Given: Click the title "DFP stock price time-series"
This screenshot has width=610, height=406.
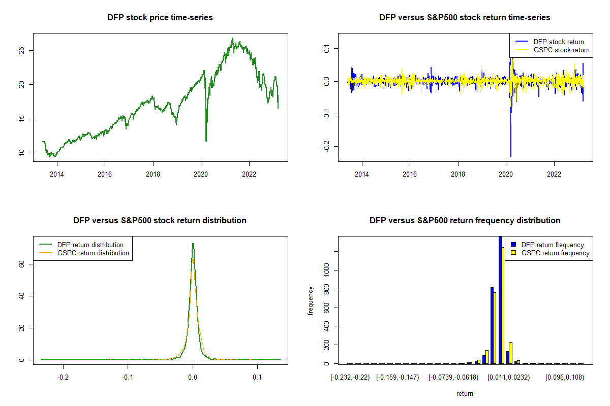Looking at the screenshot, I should click(160, 18).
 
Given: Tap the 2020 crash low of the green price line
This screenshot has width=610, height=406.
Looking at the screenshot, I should click(206, 141).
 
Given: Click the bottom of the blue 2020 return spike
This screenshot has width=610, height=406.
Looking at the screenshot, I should click(511, 157).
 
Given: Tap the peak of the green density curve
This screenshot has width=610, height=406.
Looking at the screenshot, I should click(193, 244).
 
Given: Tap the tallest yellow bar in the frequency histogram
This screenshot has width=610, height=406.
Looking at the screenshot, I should click(503, 304).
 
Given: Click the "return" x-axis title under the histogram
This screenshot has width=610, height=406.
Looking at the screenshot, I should click(465, 393).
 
